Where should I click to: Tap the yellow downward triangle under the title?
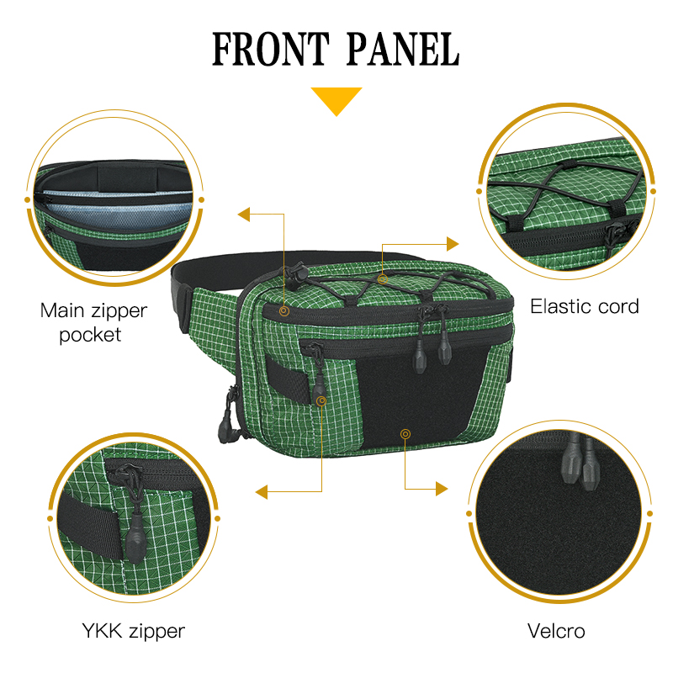click(x=336, y=100)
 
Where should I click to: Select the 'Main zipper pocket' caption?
click(x=93, y=322)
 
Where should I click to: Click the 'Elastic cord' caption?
click(x=584, y=306)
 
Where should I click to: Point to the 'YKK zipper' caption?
click(x=133, y=630)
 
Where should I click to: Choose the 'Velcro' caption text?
click(x=556, y=630)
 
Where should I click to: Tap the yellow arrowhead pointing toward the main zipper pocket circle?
click(x=244, y=214)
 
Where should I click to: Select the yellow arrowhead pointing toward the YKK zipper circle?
click(x=262, y=491)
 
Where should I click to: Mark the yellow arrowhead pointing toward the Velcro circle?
click(x=442, y=488)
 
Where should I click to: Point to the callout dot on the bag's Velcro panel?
click(x=405, y=433)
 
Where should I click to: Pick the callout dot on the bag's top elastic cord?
click(x=382, y=278)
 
